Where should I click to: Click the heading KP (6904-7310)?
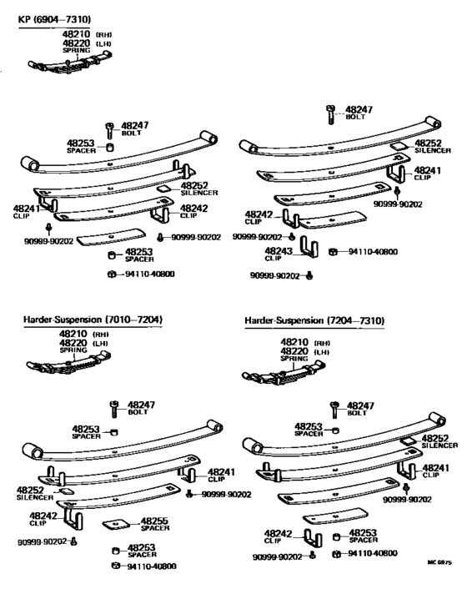(x=55, y=18)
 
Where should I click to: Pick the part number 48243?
(x=279, y=249)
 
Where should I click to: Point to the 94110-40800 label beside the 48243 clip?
(x=374, y=252)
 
